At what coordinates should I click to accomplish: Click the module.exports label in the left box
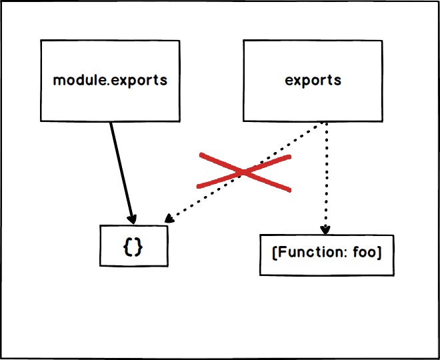109,81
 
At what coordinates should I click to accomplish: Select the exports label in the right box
313,81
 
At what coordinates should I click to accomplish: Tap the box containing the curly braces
134,246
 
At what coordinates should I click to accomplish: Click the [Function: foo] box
327,255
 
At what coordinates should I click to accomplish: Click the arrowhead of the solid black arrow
132,219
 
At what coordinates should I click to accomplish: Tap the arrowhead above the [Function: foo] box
325,229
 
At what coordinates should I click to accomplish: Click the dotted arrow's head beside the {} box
169,219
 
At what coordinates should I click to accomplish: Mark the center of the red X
245,173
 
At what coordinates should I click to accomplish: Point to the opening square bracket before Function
275,255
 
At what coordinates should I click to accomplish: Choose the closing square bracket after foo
379,255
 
